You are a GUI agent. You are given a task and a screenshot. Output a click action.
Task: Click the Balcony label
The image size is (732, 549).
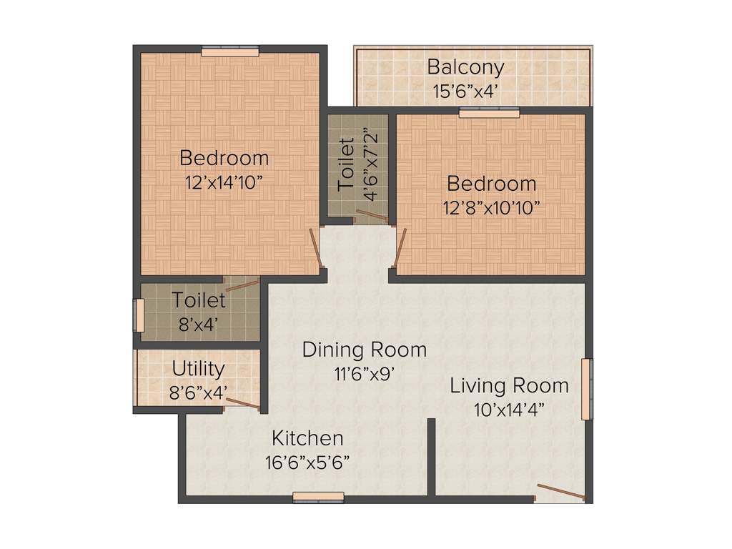click(x=465, y=67)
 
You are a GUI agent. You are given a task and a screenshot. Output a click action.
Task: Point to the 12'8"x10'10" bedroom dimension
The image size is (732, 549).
click(x=491, y=207)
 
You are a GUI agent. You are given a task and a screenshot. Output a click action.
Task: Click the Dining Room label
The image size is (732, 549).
click(x=364, y=350)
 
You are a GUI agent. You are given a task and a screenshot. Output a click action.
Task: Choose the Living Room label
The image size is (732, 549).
click(x=509, y=386)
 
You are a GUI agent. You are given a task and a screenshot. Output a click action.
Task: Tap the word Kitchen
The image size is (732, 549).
click(x=307, y=437)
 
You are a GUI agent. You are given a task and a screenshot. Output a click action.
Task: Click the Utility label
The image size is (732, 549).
click(x=198, y=369)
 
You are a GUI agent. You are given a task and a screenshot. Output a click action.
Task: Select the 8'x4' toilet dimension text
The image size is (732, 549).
click(x=198, y=324)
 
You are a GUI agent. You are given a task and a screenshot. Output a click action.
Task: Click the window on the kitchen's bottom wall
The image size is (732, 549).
click(x=318, y=497)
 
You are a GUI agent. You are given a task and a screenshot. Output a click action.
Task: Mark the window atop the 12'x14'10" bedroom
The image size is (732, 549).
click(x=229, y=51)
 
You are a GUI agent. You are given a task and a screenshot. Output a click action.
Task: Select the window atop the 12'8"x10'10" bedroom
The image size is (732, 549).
click(x=489, y=112)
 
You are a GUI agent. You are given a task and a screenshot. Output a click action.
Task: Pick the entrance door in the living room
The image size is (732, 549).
click(x=561, y=493)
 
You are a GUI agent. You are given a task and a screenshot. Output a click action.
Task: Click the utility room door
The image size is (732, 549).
click(x=242, y=403)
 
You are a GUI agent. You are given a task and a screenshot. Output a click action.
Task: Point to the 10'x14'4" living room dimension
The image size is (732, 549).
click(x=509, y=410)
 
